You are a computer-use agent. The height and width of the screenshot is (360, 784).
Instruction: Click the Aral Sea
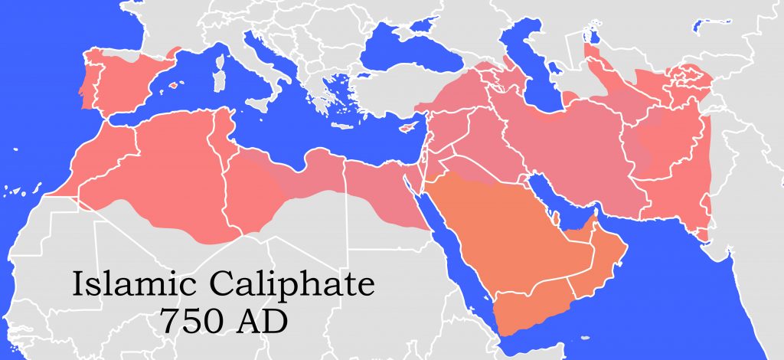pos(590,34)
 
